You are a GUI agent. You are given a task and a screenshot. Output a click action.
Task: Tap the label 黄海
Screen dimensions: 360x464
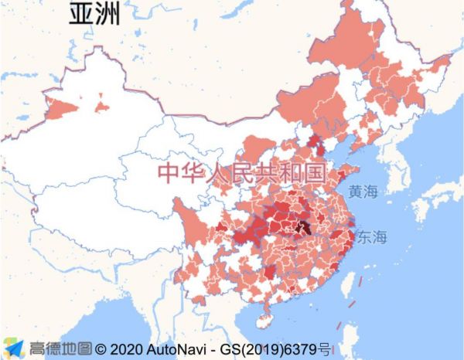(x=364, y=192)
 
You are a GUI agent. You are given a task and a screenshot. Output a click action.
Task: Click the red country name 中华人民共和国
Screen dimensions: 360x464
(x=241, y=172)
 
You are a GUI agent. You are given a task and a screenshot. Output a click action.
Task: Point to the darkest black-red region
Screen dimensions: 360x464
(x=304, y=227)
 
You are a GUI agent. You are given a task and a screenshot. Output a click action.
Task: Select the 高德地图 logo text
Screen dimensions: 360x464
(x=61, y=348)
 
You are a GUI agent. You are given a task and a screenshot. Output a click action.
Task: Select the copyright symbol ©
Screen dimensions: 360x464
(x=101, y=348)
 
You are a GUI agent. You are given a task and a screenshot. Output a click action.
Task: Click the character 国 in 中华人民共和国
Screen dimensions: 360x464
(x=315, y=172)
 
